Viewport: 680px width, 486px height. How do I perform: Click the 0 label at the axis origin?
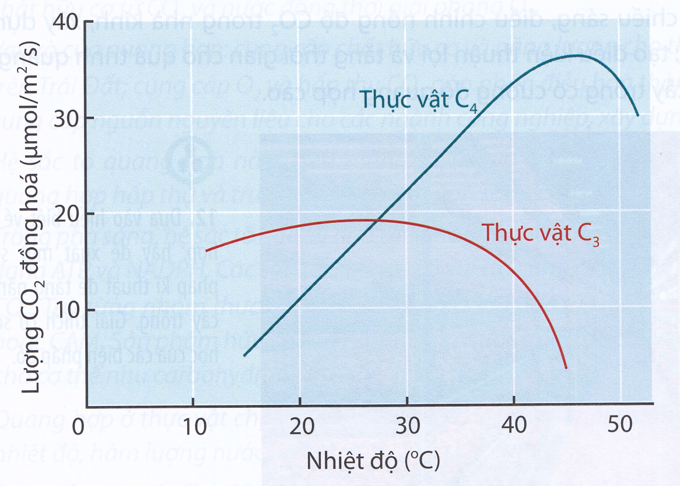[x=78, y=426]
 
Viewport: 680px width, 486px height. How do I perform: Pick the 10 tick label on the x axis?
[x=192, y=426]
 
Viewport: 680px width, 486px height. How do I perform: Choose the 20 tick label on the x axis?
[x=299, y=426]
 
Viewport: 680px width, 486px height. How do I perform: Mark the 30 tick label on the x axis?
[x=406, y=426]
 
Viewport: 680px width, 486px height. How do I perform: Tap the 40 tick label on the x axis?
[x=513, y=426]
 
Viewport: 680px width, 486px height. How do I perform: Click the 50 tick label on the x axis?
[x=620, y=426]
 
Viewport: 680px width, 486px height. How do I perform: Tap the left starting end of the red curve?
[x=206, y=251]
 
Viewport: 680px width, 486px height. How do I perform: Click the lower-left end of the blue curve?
[x=244, y=355]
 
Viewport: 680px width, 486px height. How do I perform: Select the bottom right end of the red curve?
[x=566, y=368]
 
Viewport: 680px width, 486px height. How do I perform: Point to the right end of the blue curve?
[x=639, y=116]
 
